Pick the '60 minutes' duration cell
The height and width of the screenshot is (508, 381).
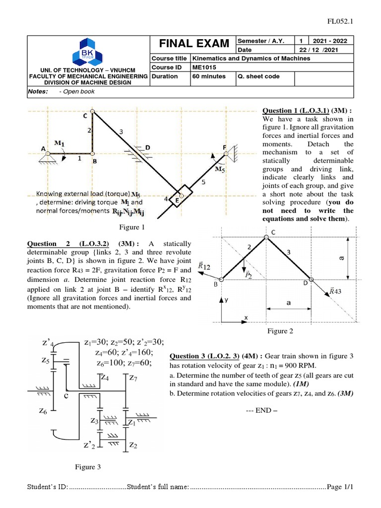pyautogui.click(x=209, y=76)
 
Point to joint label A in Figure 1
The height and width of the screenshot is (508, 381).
pyautogui.click(x=44, y=148)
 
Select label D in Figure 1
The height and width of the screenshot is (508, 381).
pyautogui.click(x=147, y=147)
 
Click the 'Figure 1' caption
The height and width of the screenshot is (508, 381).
pyautogui.click(x=131, y=228)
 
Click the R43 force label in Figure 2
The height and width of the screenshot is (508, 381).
pyautogui.click(x=337, y=292)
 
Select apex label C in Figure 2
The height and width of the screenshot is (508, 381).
pyautogui.click(x=273, y=232)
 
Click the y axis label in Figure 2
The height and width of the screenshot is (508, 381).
pyautogui.click(x=226, y=301)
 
